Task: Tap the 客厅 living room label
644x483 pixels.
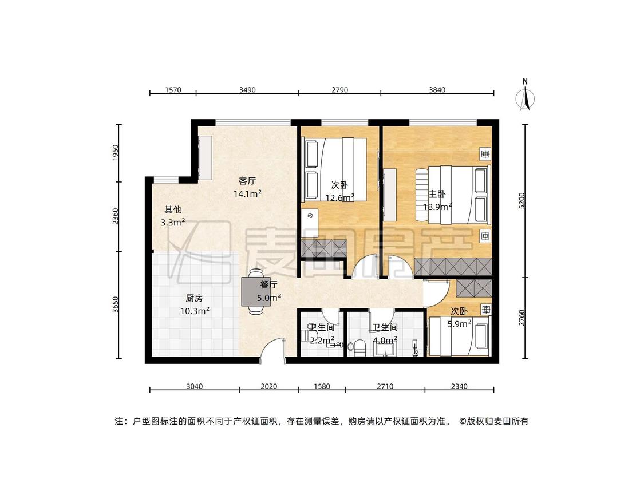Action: [247, 181]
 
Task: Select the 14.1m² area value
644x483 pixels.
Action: [247, 194]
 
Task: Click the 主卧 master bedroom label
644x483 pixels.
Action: [437, 194]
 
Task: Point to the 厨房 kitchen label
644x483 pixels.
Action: [194, 298]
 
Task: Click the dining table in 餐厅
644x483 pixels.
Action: [256, 292]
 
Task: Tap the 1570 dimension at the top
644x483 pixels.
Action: [173, 90]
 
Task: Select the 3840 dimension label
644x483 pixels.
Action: [437, 90]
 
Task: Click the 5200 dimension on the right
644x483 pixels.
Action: [521, 200]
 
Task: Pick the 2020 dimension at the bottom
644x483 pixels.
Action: [269, 386]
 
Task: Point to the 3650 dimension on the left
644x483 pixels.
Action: [116, 304]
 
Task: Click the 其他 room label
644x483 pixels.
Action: [172, 210]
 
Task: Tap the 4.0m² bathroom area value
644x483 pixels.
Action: [385, 341]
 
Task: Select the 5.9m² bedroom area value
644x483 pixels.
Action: [459, 324]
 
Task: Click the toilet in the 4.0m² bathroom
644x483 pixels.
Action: [357, 347]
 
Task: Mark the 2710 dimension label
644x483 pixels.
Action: [385, 386]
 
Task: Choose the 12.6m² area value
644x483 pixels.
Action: [339, 198]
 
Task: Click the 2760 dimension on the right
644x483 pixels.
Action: [521, 318]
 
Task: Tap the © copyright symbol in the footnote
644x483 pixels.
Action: [463, 421]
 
